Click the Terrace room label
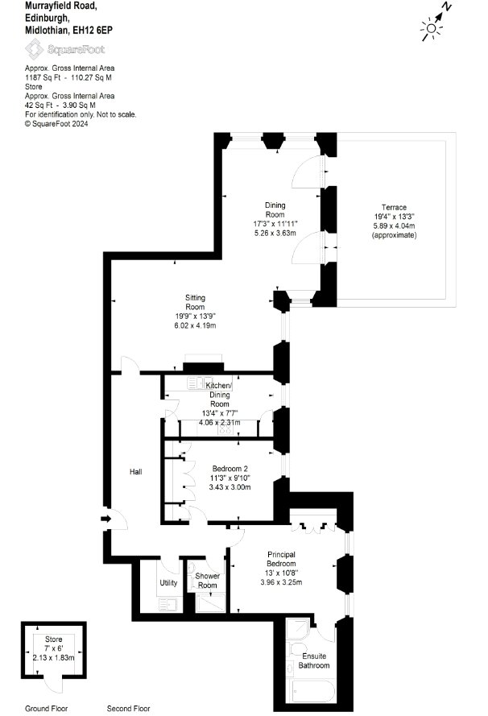tap(394, 207)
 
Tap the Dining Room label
tap(275, 210)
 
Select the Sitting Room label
tap(195, 302)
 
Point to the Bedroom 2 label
tap(230, 469)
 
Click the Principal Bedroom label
tap(281, 560)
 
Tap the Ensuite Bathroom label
tap(314, 660)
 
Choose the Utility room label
tap(168, 583)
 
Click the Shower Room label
tap(207, 581)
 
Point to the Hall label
tap(135, 472)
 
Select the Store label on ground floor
tap(53, 639)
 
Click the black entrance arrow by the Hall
tap(105, 519)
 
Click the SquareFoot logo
tap(64, 49)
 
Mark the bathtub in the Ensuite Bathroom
tap(313, 691)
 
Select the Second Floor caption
tap(128, 709)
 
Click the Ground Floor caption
tap(46, 709)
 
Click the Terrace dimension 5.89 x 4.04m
tap(394, 226)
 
